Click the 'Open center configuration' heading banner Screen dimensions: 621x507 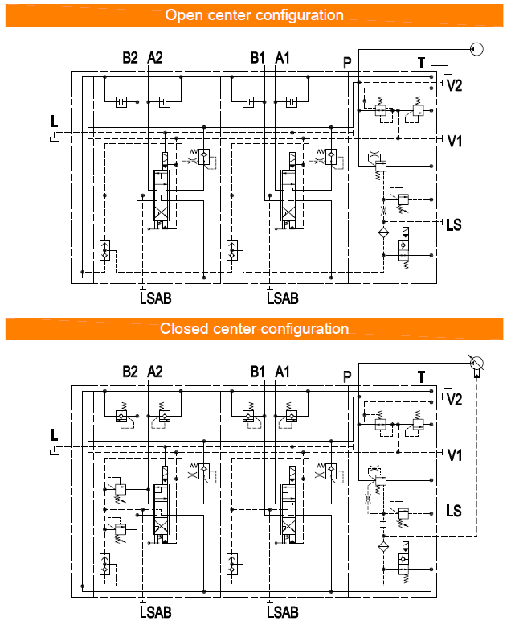[254, 15]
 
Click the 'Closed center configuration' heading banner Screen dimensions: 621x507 [254, 328]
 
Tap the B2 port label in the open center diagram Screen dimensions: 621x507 [130, 58]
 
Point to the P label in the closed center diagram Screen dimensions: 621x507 [347, 376]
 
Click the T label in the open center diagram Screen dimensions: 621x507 [420, 63]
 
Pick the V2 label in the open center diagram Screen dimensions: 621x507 [454, 86]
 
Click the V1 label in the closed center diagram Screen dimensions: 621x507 [454, 455]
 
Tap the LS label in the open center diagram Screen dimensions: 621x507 [454, 224]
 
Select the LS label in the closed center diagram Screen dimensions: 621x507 [454, 511]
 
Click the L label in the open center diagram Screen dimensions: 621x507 [54, 121]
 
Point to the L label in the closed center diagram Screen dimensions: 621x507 [54, 435]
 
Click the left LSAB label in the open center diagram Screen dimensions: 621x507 [155, 298]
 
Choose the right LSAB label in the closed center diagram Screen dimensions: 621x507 [282, 612]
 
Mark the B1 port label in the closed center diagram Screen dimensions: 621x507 [257, 372]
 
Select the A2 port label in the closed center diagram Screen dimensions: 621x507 [155, 372]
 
